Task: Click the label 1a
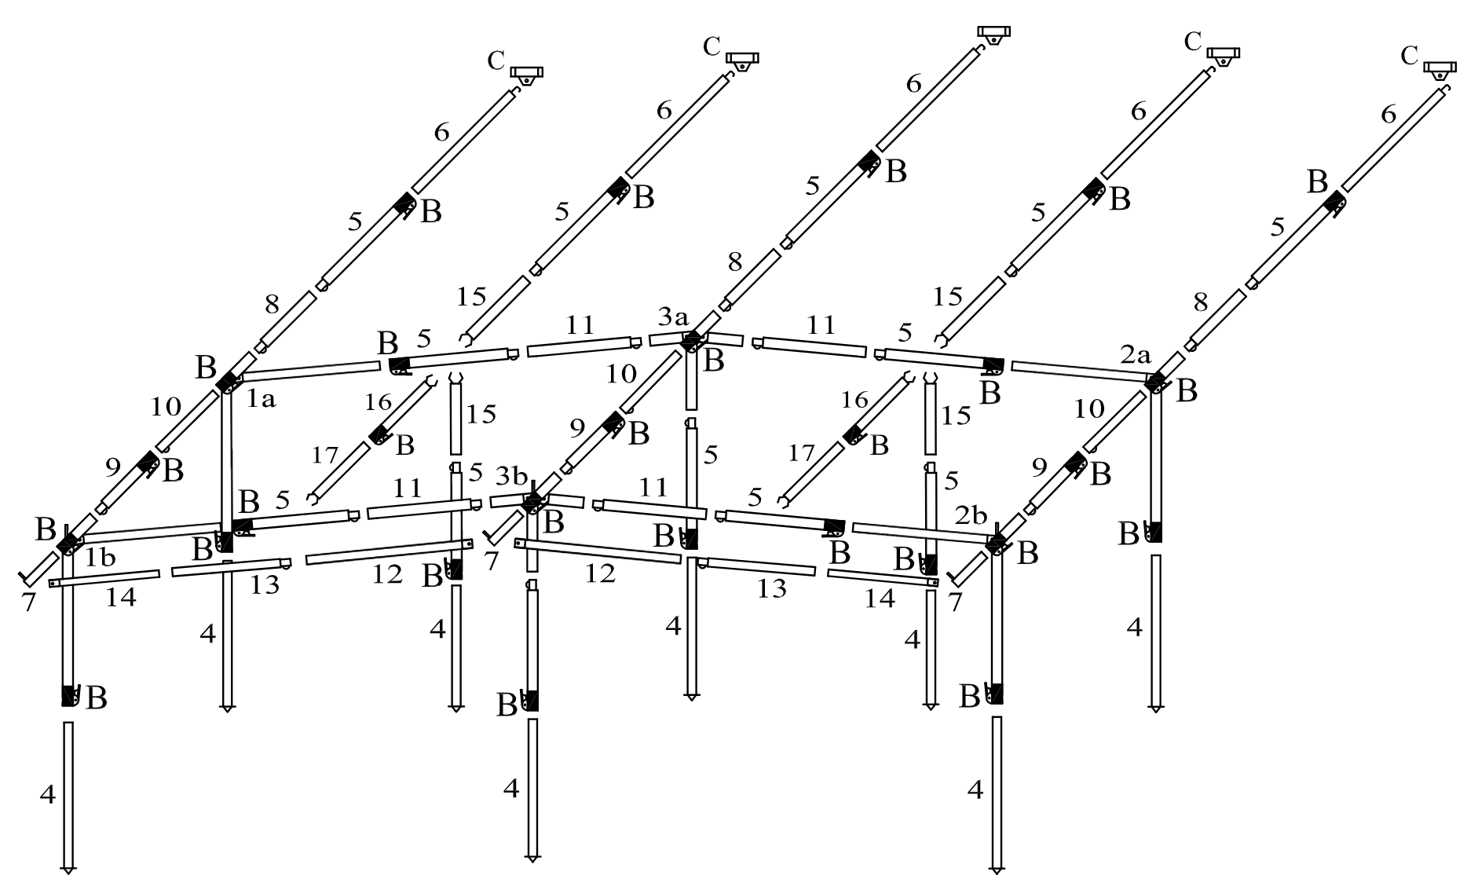(x=262, y=400)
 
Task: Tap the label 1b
(x=100, y=557)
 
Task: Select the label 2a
(x=1135, y=354)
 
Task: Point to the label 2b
(x=971, y=514)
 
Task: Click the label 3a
(x=673, y=318)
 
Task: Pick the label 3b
(x=511, y=476)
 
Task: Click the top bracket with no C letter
(x=993, y=34)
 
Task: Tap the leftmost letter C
(x=496, y=60)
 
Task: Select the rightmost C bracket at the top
(x=1440, y=69)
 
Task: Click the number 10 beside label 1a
(x=166, y=407)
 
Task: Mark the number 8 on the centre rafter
(x=734, y=263)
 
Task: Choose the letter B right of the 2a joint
(x=1186, y=390)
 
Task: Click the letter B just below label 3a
(x=713, y=361)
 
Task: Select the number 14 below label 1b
(x=121, y=599)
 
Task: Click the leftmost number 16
(x=378, y=402)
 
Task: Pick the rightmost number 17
(x=802, y=452)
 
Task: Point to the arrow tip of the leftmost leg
(x=68, y=870)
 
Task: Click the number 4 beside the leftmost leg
(x=48, y=794)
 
